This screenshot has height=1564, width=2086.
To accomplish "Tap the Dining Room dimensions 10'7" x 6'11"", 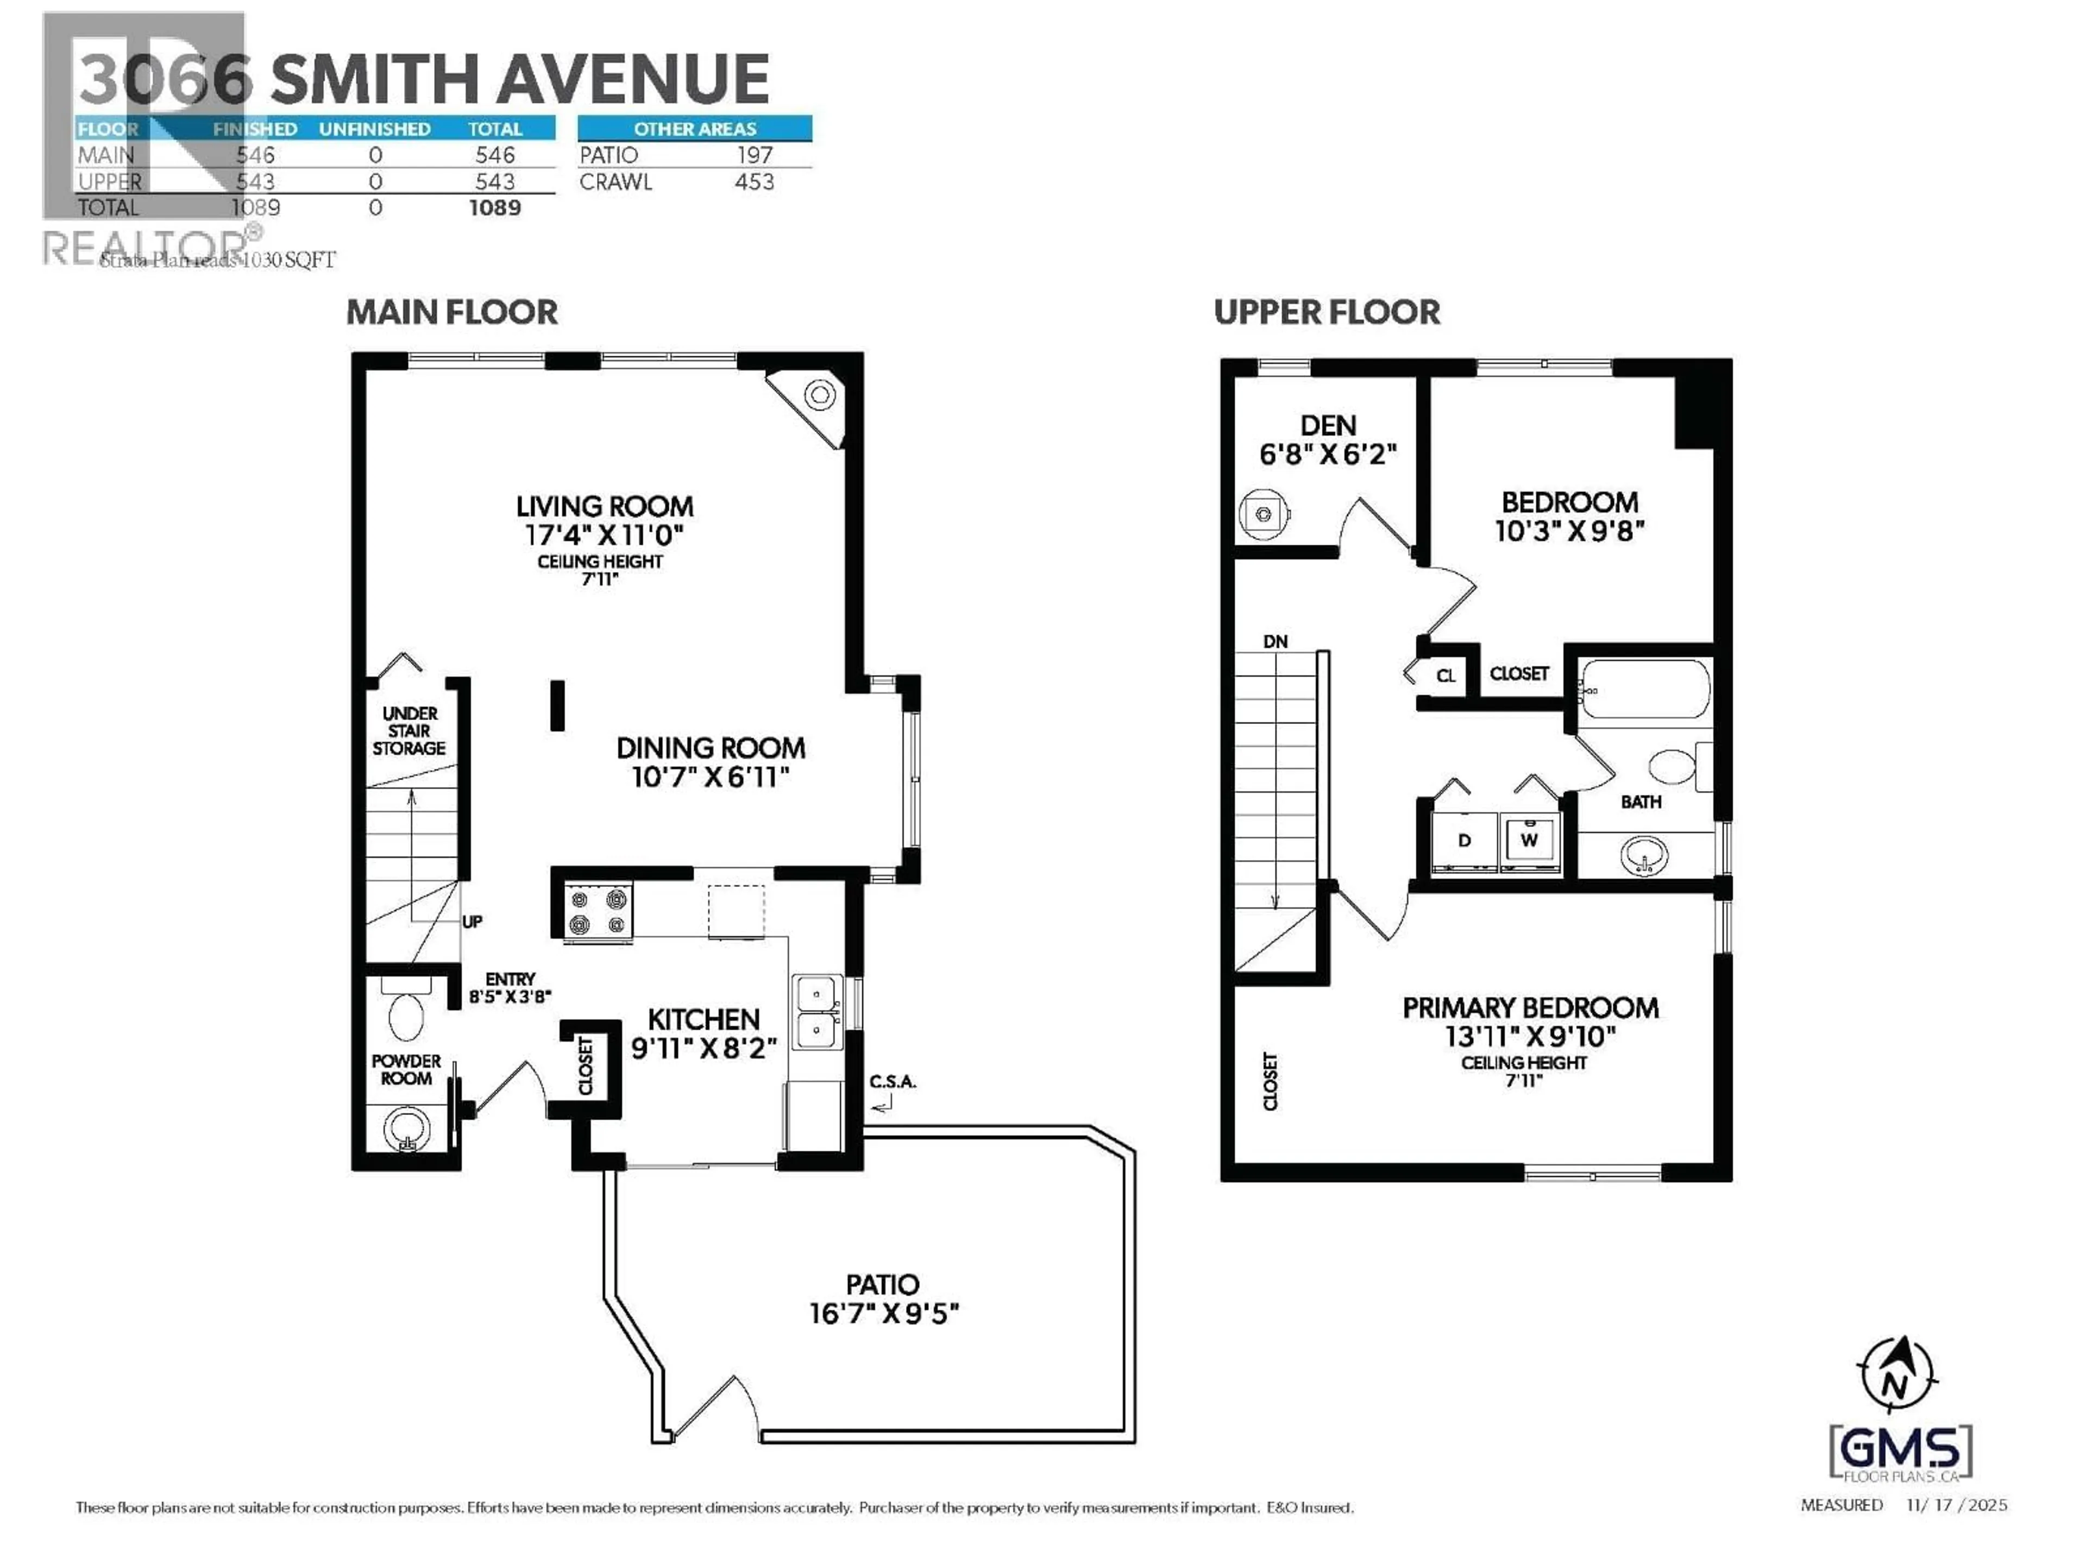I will click(x=709, y=777).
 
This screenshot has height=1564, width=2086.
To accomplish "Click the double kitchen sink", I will click(x=816, y=1012).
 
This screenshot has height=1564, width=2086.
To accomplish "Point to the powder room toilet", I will click(x=406, y=1013).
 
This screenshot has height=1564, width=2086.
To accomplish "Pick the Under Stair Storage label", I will click(x=409, y=730).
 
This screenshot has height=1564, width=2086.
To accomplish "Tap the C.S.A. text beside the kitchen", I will click(x=892, y=1081).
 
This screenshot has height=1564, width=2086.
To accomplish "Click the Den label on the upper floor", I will click(x=1328, y=426).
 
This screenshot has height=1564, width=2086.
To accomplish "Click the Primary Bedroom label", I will click(x=1530, y=1008).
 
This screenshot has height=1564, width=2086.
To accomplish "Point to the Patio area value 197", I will click(x=755, y=155).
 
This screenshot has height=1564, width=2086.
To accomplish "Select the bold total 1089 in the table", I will click(x=495, y=207).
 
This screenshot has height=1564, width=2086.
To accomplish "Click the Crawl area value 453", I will click(x=755, y=182).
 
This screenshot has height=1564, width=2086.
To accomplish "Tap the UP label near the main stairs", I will click(x=473, y=921).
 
